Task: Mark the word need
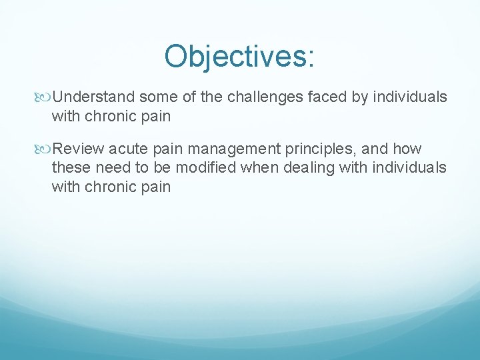110,168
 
